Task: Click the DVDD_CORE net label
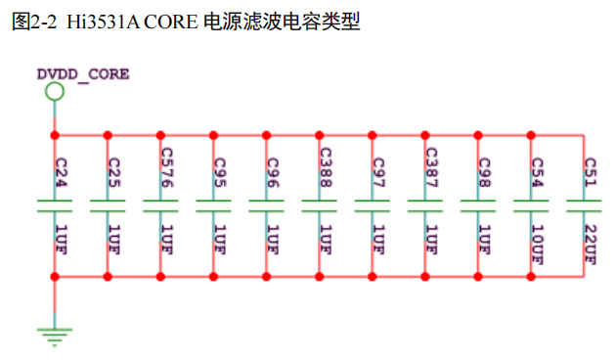click(x=83, y=73)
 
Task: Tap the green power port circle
click(x=56, y=92)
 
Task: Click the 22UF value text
click(x=590, y=244)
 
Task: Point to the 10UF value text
click(x=537, y=244)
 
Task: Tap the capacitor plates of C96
click(x=267, y=204)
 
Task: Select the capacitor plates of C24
click(x=56, y=204)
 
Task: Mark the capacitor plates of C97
click(x=373, y=204)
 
